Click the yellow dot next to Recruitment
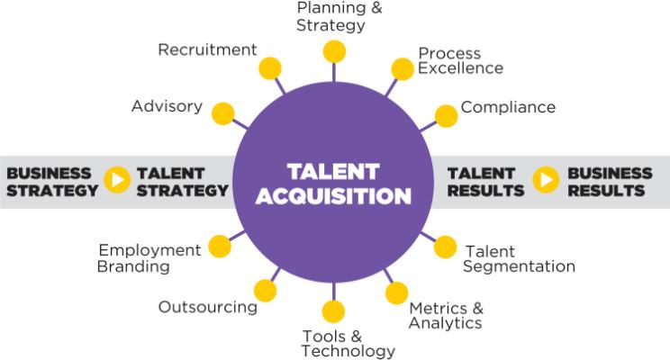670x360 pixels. click(270, 68)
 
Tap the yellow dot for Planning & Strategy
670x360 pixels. click(334, 51)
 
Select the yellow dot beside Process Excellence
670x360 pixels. click(403, 69)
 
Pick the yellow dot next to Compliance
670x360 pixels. click(446, 116)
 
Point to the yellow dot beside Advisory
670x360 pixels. click(223, 113)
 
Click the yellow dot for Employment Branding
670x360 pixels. click(220, 247)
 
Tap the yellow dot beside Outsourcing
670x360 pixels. click(266, 291)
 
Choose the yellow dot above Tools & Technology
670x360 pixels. click(333, 310)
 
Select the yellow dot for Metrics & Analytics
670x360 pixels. click(396, 293)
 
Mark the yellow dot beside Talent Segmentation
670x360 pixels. click(445, 247)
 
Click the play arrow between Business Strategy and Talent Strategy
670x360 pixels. click(117, 180)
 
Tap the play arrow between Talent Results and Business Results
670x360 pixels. click(546, 180)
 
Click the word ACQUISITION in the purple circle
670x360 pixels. click(333, 196)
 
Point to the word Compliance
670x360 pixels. click(508, 107)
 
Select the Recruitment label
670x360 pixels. click(207, 49)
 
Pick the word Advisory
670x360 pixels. click(167, 106)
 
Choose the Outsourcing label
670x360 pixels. click(208, 307)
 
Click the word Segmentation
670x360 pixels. click(520, 266)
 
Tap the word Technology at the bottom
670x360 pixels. click(349, 351)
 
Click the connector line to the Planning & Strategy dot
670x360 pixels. click(334, 72)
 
